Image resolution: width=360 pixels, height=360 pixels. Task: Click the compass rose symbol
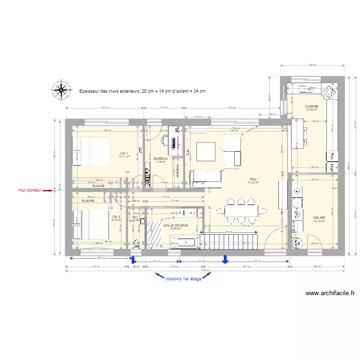coord(61,90)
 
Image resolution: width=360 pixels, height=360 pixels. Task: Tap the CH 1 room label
coord(124,154)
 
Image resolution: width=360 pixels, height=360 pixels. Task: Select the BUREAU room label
coord(160,158)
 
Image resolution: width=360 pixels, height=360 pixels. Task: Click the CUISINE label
coord(311,106)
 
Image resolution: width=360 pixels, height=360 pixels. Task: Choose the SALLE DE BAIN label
coord(176,225)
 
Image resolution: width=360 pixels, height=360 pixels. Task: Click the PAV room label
coord(252,179)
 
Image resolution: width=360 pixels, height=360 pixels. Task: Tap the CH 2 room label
coord(116,217)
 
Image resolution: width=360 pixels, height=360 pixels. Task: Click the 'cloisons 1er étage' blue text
coord(183,278)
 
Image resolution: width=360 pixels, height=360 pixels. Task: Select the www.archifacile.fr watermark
coord(330,293)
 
